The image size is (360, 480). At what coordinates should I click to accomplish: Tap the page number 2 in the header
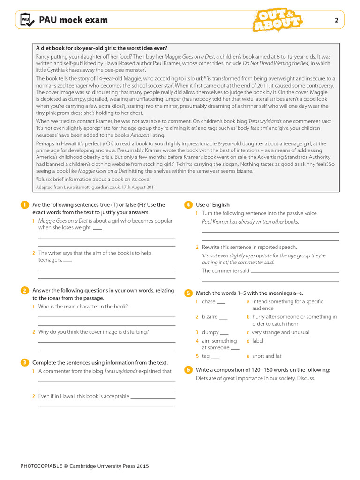[x=336, y=20]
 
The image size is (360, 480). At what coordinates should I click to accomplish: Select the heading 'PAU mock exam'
[x=73, y=20]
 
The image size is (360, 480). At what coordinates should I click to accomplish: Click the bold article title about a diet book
[x=102, y=48]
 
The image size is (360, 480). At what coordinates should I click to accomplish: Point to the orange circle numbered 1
[x=24, y=204]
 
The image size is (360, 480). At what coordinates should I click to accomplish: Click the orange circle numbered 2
[x=24, y=291]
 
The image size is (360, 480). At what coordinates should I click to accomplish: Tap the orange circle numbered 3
[x=24, y=362]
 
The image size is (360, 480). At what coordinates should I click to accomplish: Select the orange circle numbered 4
[x=188, y=204]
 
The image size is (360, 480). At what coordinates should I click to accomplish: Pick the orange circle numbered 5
[x=188, y=293]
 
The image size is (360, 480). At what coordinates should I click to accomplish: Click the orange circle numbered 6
[x=188, y=370]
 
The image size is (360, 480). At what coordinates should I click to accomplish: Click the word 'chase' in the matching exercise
[x=209, y=302]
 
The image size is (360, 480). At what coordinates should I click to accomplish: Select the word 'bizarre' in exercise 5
[x=210, y=317]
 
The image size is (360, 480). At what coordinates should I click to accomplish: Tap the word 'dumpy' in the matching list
[x=210, y=332]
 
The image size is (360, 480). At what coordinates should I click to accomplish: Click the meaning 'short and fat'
[x=267, y=356]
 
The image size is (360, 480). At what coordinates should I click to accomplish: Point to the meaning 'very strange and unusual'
[x=281, y=332]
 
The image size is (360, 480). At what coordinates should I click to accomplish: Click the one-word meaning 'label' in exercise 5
[x=258, y=341]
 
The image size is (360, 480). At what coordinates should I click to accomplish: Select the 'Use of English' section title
[x=213, y=205]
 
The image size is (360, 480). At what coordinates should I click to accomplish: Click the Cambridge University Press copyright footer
[x=84, y=466]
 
